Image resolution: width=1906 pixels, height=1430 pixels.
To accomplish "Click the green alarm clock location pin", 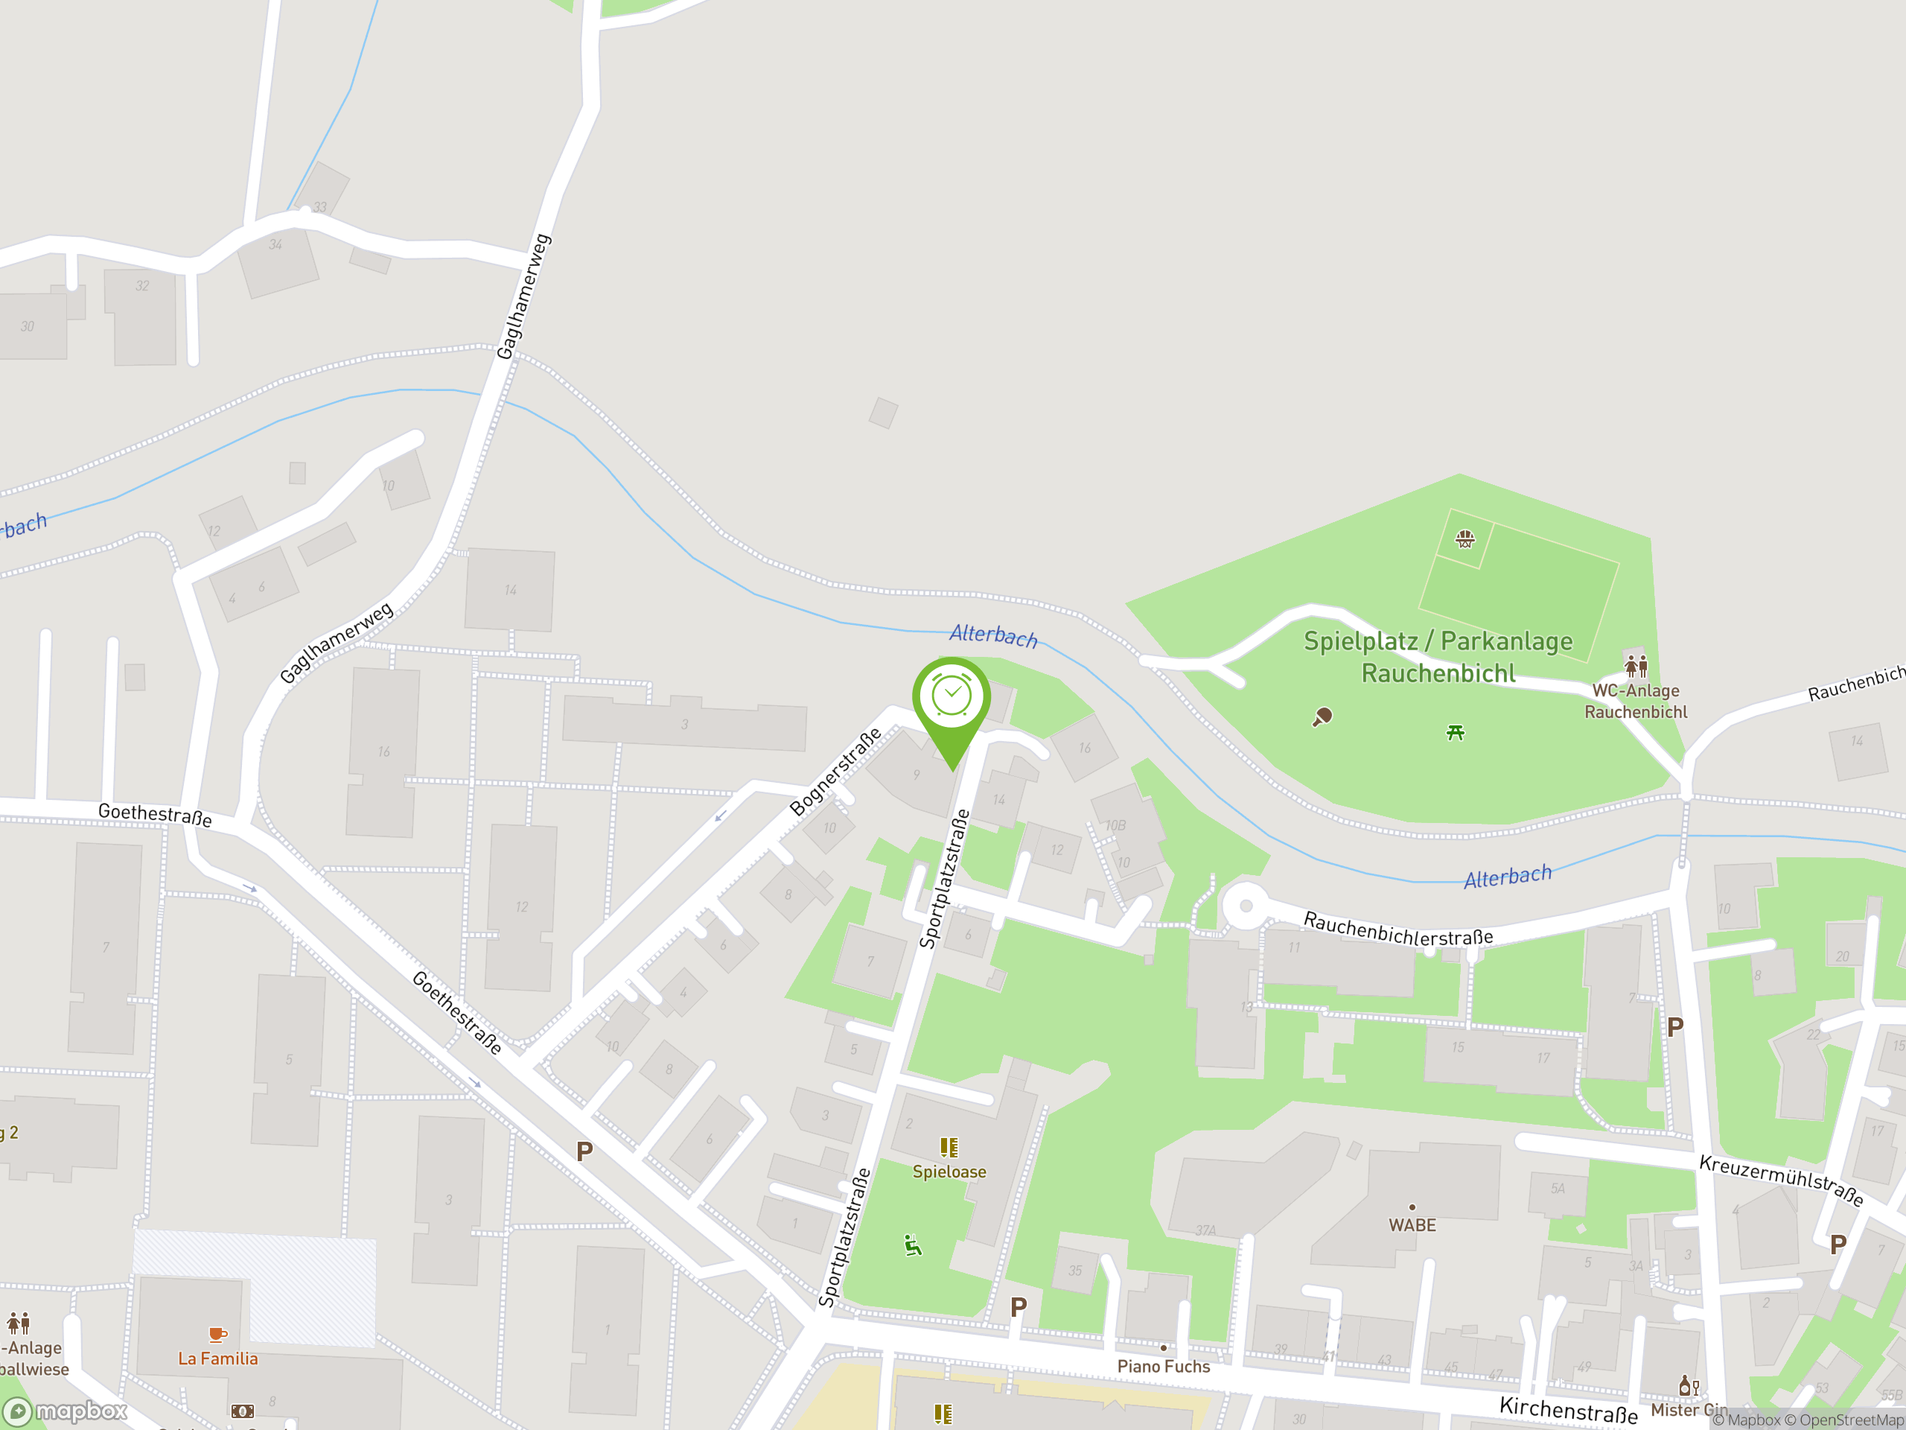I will coord(952,699).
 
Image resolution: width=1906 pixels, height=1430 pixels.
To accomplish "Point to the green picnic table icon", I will coord(1456,733).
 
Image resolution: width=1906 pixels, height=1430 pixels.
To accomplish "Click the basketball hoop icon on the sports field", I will coord(1464,539).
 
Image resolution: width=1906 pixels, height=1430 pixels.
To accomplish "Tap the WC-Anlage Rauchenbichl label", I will coord(1636,701).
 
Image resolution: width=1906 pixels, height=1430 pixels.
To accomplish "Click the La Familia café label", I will coord(218,1358).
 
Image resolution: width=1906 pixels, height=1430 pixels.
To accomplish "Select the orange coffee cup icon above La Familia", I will coord(218,1335).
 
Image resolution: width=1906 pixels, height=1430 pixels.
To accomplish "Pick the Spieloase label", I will coord(949,1172).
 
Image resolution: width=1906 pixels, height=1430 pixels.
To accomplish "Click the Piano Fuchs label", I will coord(1163,1366).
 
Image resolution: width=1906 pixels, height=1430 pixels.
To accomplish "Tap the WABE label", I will coord(1412,1225).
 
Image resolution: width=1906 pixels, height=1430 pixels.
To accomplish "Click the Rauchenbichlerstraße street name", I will coord(1397,928).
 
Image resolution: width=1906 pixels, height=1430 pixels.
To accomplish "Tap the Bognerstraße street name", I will coord(835,772).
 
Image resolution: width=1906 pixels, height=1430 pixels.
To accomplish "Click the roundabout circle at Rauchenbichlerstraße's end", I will coord(1245,906).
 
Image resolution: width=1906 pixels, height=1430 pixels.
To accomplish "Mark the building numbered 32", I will coord(142,316).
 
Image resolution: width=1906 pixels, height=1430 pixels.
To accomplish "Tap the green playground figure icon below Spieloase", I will coord(913,1246).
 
